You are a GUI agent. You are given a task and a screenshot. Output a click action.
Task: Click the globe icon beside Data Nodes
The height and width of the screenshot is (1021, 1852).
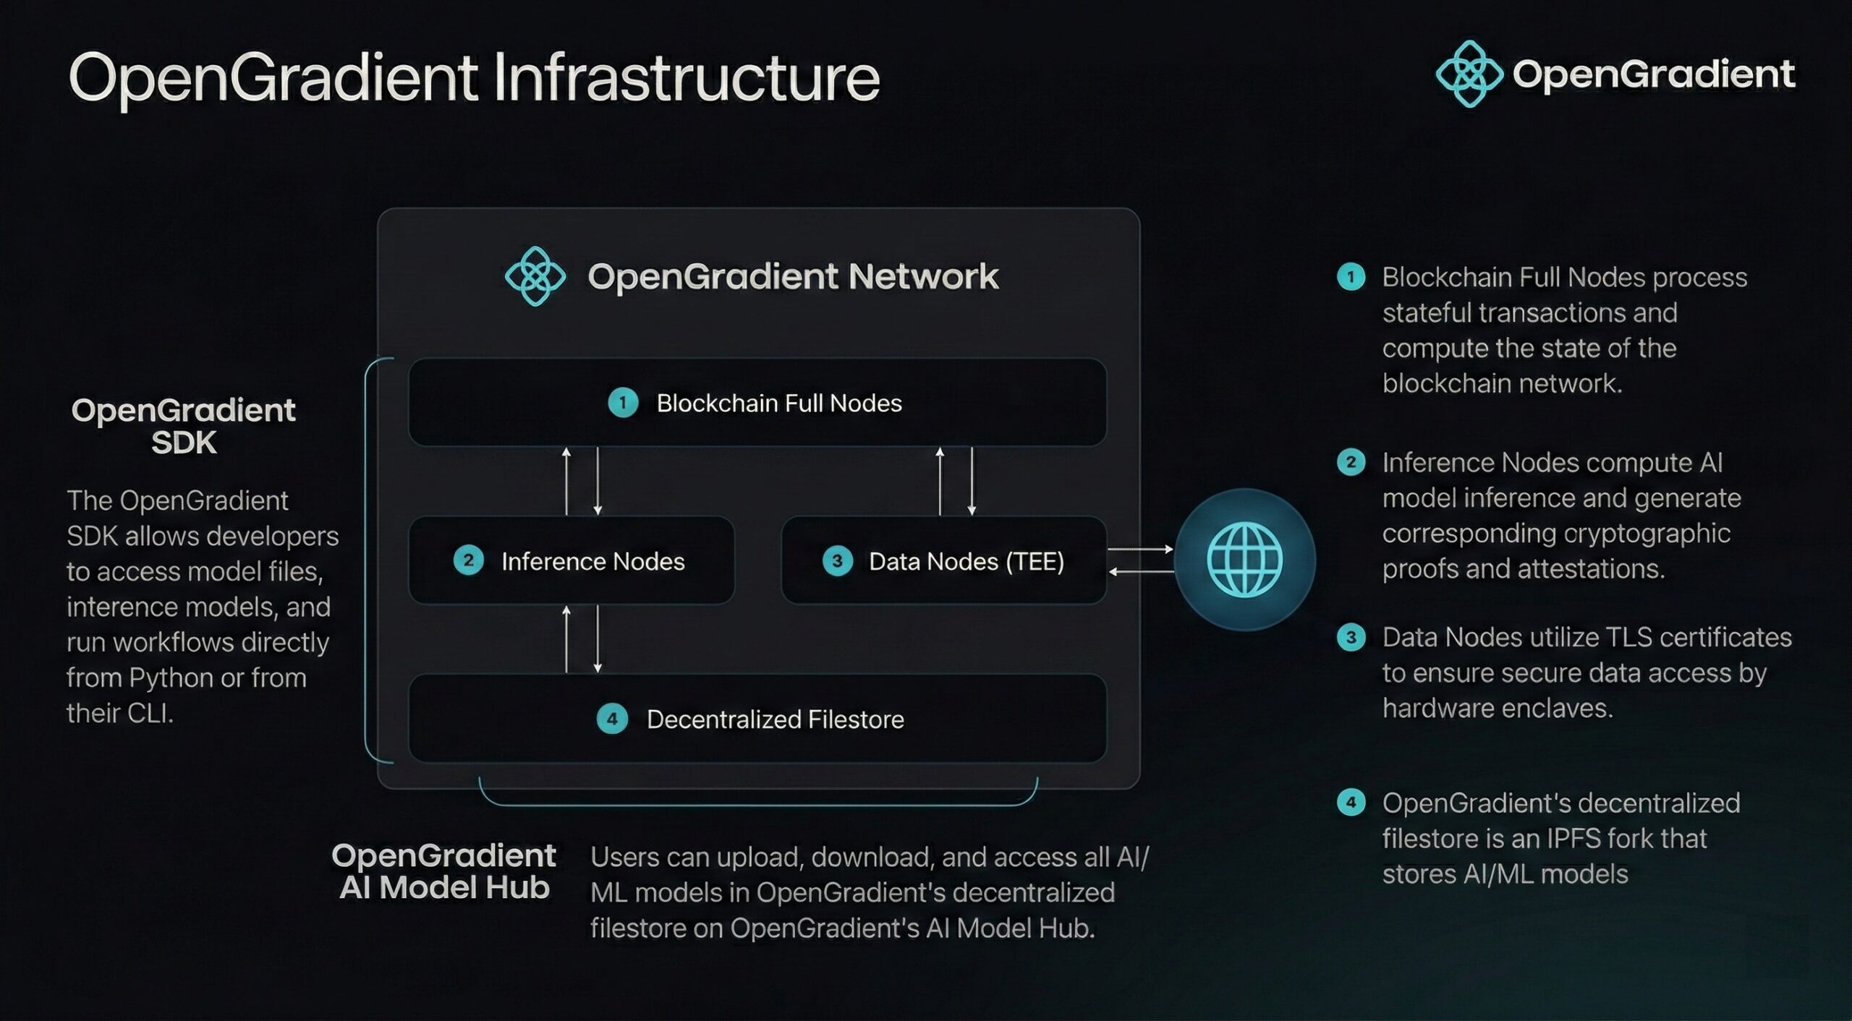(x=1244, y=560)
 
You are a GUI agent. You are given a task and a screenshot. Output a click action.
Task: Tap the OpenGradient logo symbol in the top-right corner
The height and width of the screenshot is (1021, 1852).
(x=1469, y=74)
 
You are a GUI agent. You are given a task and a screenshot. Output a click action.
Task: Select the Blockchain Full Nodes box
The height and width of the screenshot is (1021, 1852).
(x=757, y=402)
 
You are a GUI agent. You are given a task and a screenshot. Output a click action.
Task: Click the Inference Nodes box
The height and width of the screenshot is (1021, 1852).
(x=572, y=560)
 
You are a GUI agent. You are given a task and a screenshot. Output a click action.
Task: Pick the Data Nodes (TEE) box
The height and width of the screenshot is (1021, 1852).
(x=944, y=560)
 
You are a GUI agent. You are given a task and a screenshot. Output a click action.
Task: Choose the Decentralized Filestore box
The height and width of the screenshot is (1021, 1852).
(x=757, y=719)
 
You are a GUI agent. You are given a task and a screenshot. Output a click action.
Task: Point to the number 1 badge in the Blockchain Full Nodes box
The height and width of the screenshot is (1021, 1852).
(x=622, y=403)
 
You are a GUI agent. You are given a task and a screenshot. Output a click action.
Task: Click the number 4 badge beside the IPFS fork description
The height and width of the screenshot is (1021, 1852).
(x=1351, y=802)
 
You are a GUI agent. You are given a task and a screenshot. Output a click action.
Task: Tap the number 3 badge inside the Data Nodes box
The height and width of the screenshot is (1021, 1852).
(x=837, y=561)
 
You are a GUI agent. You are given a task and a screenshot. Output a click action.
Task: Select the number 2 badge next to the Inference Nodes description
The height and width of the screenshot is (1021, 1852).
(x=1351, y=462)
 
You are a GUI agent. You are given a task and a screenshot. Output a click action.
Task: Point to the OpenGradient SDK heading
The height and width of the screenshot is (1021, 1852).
(x=184, y=426)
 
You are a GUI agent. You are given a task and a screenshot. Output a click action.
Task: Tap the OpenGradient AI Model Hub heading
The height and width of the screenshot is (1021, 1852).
(x=444, y=871)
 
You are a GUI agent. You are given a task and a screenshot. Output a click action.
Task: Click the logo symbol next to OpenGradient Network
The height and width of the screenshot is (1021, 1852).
(x=535, y=276)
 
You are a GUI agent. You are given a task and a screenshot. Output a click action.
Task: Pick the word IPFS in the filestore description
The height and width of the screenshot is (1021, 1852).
(x=1576, y=839)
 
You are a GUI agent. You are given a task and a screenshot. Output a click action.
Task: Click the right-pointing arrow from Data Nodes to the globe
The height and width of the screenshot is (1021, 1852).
(x=1140, y=550)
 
